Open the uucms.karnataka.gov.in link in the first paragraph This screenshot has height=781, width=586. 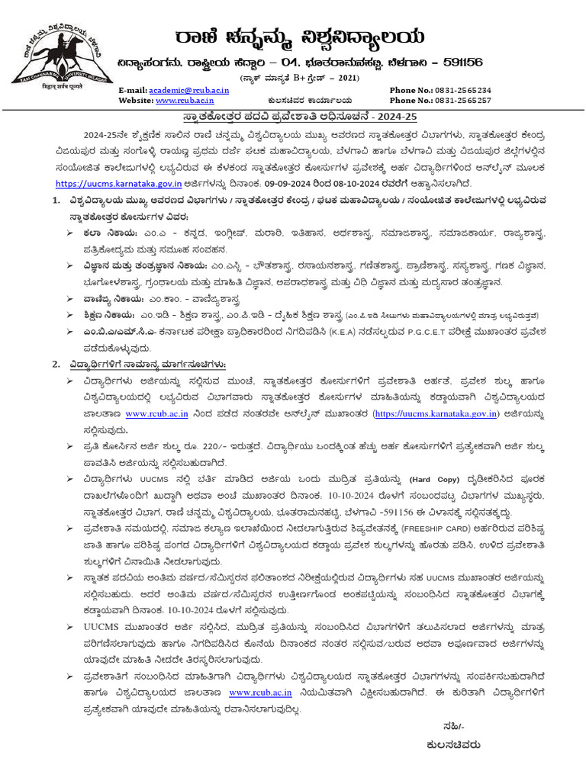pos(130,184)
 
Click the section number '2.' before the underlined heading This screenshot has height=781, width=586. pos(56,364)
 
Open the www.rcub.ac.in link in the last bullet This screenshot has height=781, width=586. pos(260,693)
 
